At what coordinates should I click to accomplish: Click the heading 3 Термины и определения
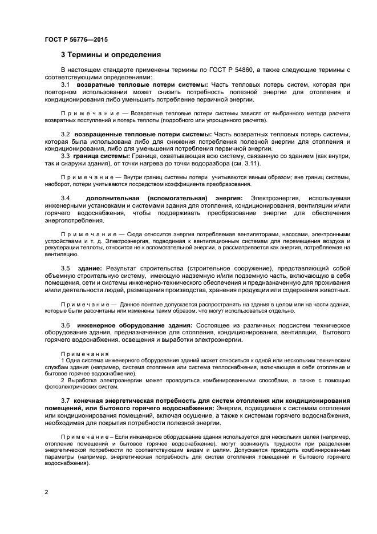111,55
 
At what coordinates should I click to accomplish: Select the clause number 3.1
66,84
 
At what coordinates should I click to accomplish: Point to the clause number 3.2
66,133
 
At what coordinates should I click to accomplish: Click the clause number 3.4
66,197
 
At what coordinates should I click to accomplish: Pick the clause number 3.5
66,268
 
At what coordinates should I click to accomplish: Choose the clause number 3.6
66,325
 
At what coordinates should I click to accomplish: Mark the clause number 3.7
66,400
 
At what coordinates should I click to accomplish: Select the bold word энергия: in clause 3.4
227,197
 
